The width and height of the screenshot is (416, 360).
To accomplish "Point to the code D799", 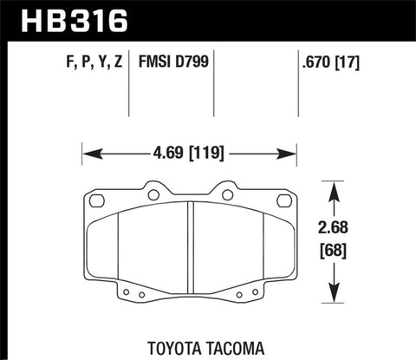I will [x=192, y=62].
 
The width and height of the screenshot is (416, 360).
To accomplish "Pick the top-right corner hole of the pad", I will [x=285, y=202].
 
